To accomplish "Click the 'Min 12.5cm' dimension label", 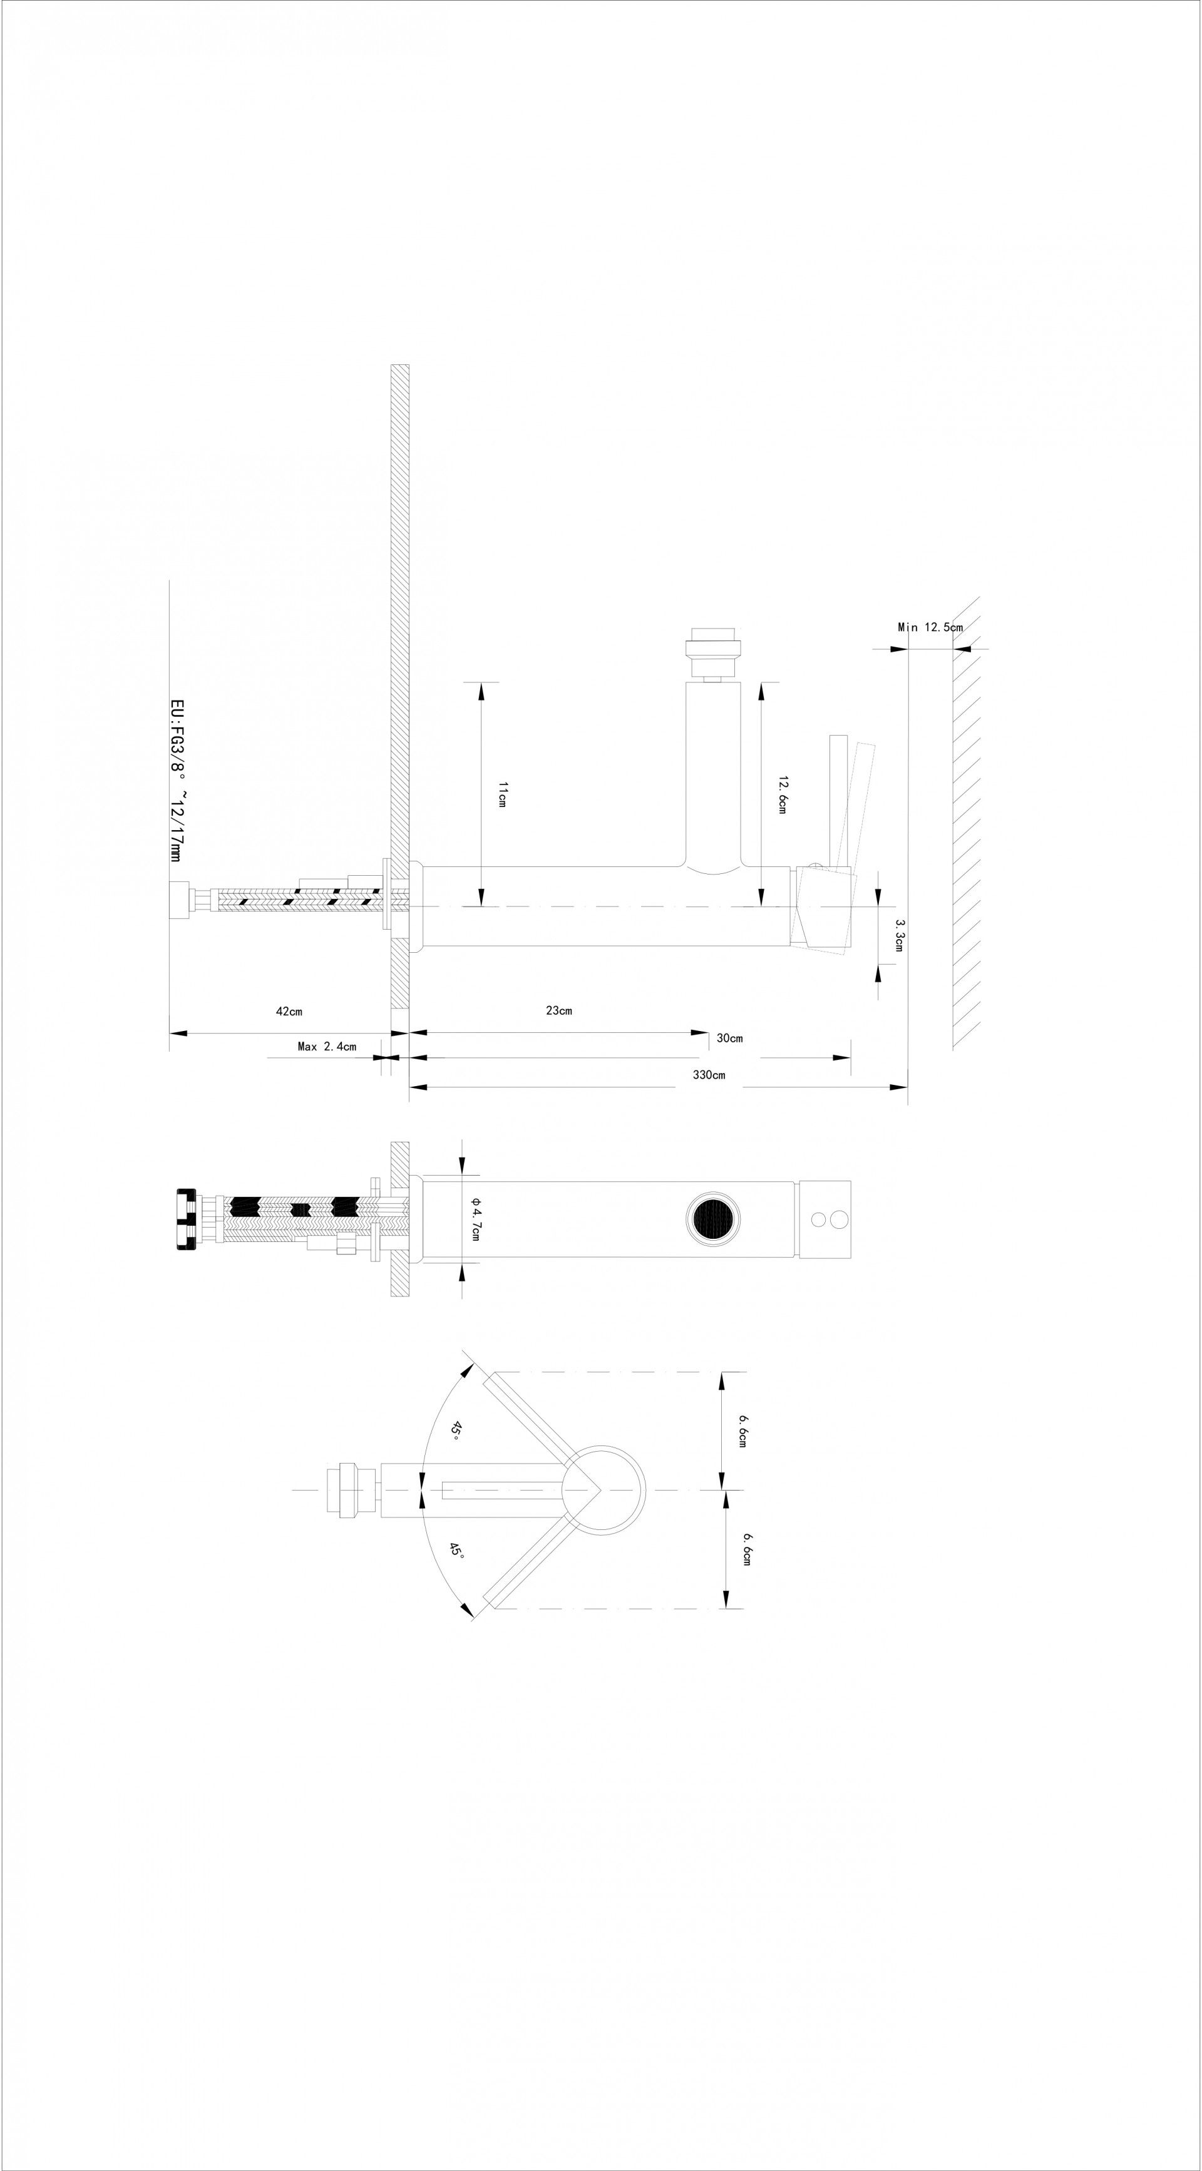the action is (930, 627).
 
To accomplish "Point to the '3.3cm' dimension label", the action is (900, 935).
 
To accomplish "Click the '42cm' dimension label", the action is (289, 1010).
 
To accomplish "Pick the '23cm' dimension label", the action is (559, 1010).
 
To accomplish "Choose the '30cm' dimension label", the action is (730, 1039).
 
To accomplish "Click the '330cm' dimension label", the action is (709, 1074).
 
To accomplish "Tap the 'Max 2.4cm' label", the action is (327, 1047).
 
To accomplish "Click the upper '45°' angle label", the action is (455, 1430).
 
